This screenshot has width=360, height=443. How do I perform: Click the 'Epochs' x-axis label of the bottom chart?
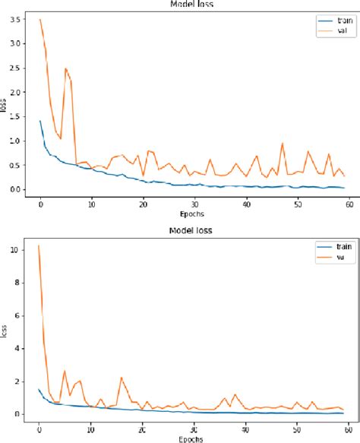[x=194, y=437]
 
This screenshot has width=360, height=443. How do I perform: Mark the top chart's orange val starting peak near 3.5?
[x=40, y=20]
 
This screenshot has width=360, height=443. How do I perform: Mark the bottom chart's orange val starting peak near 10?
[x=39, y=245]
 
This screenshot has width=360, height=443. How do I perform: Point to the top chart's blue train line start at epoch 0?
[x=40, y=121]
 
